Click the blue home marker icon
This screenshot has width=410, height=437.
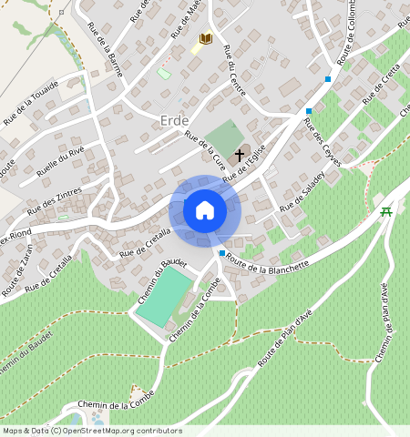205,210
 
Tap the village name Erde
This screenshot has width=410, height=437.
174,121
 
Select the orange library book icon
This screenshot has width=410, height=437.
206,38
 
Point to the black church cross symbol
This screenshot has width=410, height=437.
241,154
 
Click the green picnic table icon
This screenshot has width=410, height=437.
386,211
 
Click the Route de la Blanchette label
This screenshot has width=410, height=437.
270,262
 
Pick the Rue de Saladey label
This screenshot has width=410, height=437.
303,192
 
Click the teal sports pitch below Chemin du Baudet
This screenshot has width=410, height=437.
164,295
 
